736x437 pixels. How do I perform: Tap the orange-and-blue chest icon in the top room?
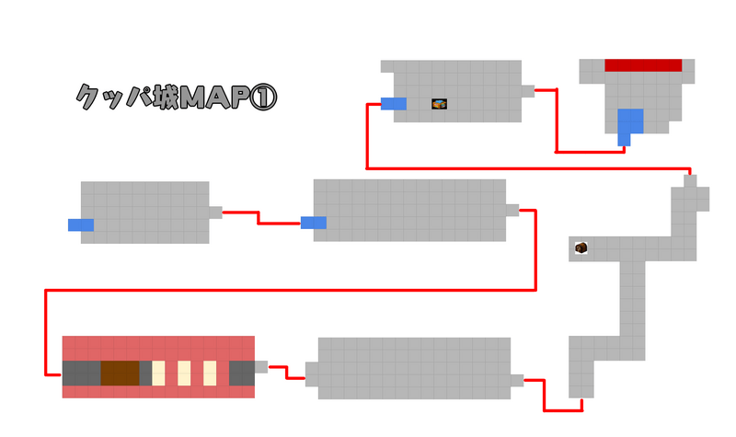[440, 104]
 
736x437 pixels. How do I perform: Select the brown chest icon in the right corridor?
[581, 247]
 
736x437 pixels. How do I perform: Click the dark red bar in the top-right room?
[643, 65]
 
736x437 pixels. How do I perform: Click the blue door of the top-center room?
[394, 103]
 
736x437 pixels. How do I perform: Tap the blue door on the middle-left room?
[81, 224]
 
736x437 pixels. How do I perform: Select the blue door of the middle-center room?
[314, 222]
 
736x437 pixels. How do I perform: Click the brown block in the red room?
[120, 374]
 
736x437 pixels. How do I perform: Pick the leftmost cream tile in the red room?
[158, 373]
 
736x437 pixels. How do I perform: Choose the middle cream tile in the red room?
[184, 373]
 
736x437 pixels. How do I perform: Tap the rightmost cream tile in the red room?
[210, 373]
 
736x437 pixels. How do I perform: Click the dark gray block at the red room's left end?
[81, 374]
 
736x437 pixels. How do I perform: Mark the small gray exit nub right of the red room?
[261, 366]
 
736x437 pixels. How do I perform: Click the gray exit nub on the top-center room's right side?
[528, 90]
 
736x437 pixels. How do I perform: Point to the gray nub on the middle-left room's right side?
[216, 212]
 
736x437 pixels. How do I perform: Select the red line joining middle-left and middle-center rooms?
[260, 218]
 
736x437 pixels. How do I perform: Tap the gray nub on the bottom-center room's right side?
[517, 380]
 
